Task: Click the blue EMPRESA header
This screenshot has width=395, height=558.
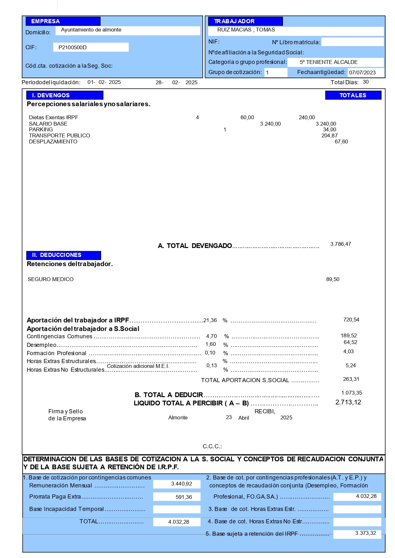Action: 63,21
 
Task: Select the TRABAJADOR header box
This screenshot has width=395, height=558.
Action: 245,21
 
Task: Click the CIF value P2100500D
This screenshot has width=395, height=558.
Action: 73,47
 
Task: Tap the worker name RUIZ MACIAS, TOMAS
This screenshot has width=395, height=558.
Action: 246,30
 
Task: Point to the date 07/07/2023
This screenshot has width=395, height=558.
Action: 362,72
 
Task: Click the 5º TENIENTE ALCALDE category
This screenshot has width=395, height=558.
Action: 328,62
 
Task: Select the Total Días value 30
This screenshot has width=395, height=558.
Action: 366,82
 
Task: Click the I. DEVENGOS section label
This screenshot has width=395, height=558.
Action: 65,95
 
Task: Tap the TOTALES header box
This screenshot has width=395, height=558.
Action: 353,95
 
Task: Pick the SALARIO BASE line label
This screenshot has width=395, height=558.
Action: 48,124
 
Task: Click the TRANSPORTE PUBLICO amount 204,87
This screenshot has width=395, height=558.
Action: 329,135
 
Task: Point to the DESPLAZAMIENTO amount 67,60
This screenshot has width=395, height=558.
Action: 341,141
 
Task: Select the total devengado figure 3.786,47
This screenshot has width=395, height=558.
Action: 341,244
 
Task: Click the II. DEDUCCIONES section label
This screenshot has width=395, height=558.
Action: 64,255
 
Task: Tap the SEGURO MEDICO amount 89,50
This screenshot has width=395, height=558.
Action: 333,279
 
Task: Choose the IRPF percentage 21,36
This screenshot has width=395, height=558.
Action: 210,320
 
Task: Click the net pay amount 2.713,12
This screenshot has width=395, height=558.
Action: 348,402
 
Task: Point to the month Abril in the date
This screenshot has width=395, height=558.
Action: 243,418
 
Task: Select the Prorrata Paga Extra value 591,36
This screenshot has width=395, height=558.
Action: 184,497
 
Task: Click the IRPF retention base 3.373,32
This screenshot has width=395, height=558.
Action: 365,533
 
